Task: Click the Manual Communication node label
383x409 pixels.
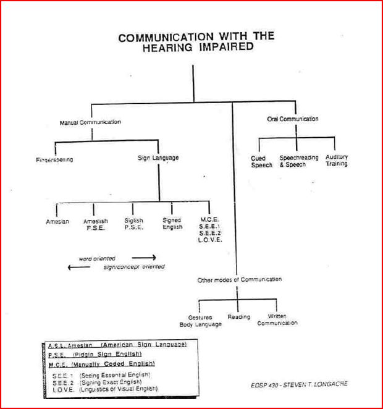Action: point(90,122)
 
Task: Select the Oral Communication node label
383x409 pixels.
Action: point(293,119)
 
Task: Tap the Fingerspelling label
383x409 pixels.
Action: point(54,160)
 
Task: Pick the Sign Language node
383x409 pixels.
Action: point(158,158)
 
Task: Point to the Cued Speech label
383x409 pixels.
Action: point(261,161)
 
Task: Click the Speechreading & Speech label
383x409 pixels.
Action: point(299,161)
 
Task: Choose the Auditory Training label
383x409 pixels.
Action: point(337,161)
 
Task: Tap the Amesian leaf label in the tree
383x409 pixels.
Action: point(57,221)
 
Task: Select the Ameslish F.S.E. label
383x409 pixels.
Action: point(96,224)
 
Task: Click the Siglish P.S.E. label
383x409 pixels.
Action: point(133,224)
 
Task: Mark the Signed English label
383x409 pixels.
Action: point(172,224)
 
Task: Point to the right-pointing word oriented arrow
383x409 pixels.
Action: point(143,258)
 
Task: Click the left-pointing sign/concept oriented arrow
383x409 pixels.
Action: point(78,267)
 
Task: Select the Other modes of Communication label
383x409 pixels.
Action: point(240,280)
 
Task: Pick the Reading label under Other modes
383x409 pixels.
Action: point(238,317)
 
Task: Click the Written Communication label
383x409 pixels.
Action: point(277,320)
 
